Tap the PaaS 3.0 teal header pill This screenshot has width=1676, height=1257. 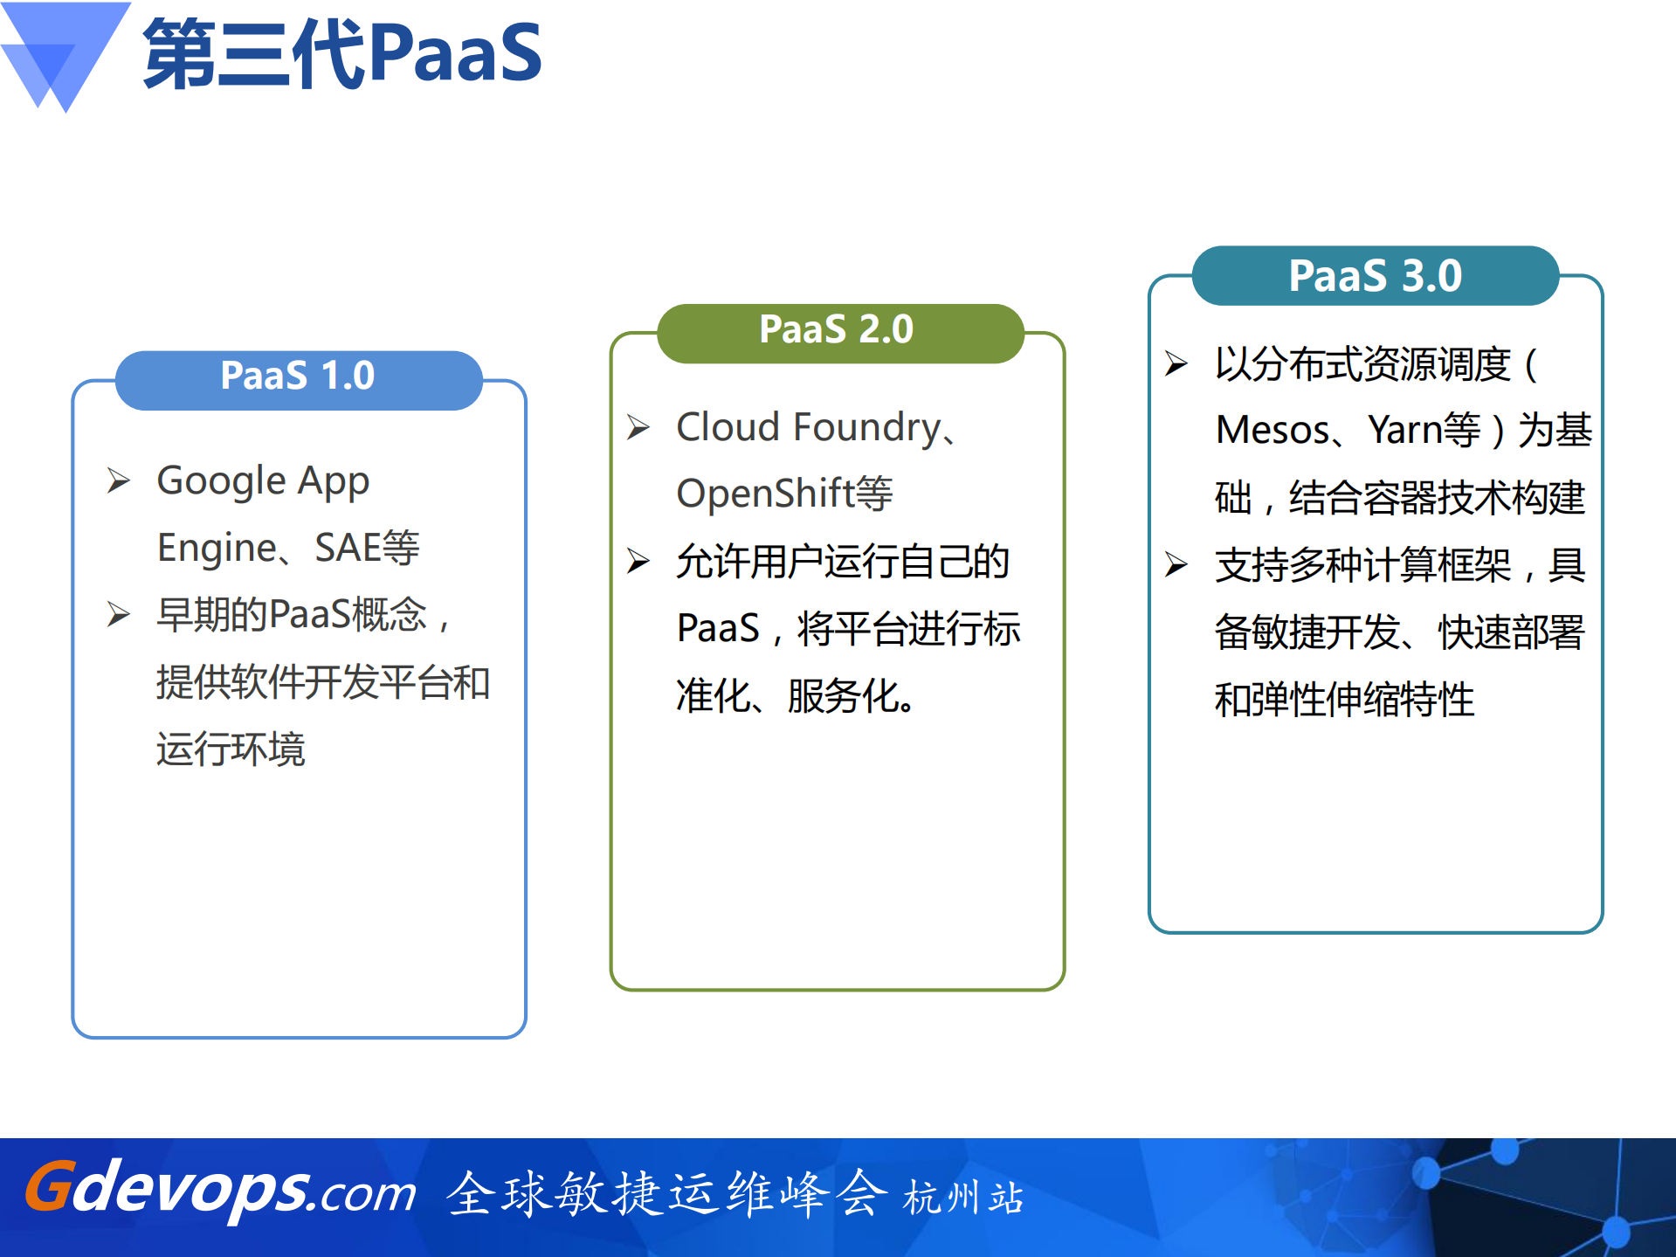(x=1375, y=276)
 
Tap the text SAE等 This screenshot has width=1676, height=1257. (x=367, y=549)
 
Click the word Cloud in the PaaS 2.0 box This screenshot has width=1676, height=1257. (x=728, y=428)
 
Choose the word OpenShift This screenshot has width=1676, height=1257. (x=765, y=494)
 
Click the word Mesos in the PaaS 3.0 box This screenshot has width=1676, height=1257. (x=1273, y=431)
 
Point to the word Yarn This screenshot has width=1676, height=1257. (x=1404, y=431)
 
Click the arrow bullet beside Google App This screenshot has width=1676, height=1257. (x=119, y=480)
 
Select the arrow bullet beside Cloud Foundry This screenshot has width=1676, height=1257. (x=638, y=427)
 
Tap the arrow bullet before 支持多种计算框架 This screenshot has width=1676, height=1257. (x=1176, y=564)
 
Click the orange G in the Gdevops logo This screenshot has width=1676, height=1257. (x=47, y=1187)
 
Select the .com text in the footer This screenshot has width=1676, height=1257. (x=368, y=1194)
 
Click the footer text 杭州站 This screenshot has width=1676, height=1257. (x=962, y=1198)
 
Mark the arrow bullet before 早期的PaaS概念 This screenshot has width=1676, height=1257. (x=119, y=614)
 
